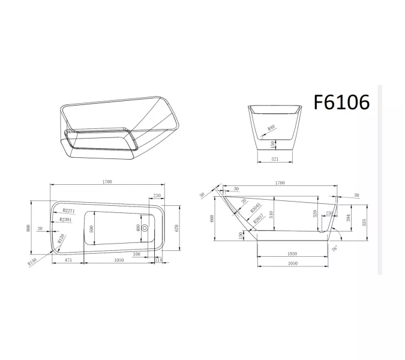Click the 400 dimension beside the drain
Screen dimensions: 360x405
click(138, 228)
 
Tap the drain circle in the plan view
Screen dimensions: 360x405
click(145, 228)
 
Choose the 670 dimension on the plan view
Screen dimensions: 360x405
click(176, 228)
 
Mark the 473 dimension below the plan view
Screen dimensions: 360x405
click(68, 260)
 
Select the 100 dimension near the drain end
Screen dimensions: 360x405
click(137, 254)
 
